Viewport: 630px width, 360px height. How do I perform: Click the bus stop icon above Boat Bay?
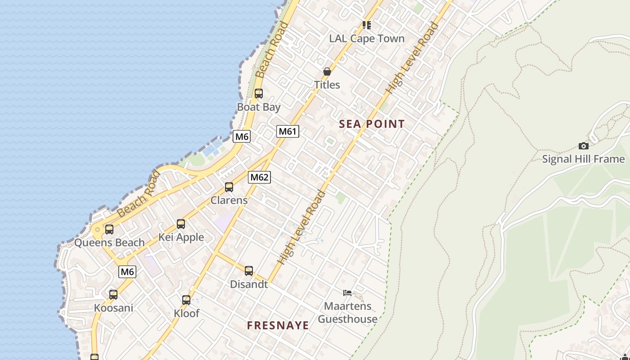click(259, 94)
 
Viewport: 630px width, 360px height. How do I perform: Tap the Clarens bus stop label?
click(229, 200)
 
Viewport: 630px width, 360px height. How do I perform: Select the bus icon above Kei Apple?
click(181, 224)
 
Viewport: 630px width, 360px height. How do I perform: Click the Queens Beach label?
click(109, 243)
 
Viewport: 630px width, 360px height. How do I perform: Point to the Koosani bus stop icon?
click(113, 295)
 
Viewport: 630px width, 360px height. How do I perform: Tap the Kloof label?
click(186, 313)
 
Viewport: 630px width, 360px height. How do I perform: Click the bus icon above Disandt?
click(249, 271)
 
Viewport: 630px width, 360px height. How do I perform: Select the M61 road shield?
click(288, 131)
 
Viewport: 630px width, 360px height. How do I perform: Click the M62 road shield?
click(259, 177)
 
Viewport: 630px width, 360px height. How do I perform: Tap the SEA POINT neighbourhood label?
click(372, 124)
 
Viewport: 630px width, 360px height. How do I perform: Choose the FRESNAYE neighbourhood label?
click(278, 325)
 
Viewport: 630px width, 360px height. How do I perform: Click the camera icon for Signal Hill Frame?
click(584, 146)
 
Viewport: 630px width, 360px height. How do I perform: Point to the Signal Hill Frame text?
click(583, 159)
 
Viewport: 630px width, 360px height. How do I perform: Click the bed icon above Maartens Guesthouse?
click(347, 293)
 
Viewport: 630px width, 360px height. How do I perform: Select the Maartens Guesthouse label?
click(348, 312)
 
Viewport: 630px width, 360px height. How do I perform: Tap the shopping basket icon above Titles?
click(327, 72)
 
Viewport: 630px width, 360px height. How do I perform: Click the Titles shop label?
click(327, 85)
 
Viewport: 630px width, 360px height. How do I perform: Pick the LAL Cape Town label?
click(367, 39)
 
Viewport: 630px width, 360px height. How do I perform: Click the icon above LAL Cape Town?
click(367, 25)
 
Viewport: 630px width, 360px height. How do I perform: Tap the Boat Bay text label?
click(259, 107)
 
